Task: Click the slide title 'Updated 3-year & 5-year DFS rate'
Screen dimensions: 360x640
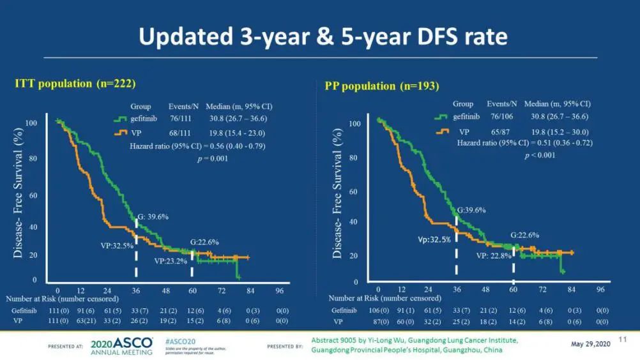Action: click(323, 37)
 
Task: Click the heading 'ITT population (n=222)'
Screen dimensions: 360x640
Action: click(76, 83)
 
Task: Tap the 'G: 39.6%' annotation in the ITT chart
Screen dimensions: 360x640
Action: click(153, 216)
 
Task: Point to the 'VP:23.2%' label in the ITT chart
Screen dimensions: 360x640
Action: click(170, 261)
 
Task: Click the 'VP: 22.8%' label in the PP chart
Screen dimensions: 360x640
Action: click(492, 256)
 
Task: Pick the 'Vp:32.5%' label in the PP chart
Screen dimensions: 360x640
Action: click(434, 239)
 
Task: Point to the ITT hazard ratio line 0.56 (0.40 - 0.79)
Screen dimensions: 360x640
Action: click(188, 145)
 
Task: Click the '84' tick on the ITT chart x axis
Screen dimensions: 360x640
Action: click(250, 289)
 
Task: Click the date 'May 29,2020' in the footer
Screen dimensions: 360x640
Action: click(591, 344)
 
